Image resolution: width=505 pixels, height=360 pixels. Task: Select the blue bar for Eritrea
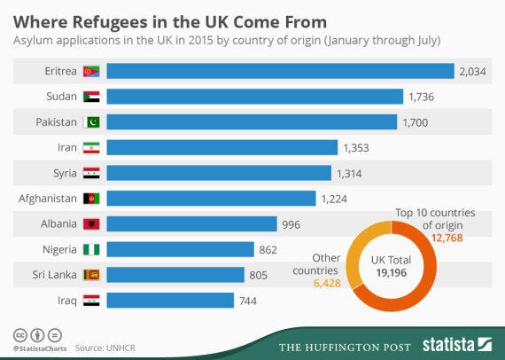click(x=280, y=71)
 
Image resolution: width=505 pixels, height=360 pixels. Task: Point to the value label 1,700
click(x=419, y=121)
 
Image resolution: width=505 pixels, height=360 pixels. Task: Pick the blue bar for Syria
click(x=219, y=173)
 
